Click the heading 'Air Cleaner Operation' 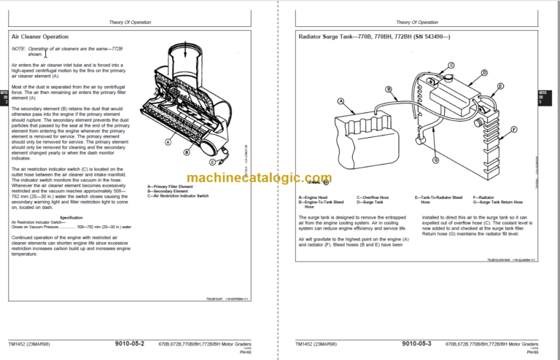coord(40,36)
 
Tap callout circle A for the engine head coord(341,101)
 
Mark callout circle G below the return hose coord(435,160)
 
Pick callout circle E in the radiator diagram coord(500,87)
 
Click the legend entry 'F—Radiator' coord(482,197)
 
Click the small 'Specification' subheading coord(71,217)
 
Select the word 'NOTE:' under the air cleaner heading coord(19,49)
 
